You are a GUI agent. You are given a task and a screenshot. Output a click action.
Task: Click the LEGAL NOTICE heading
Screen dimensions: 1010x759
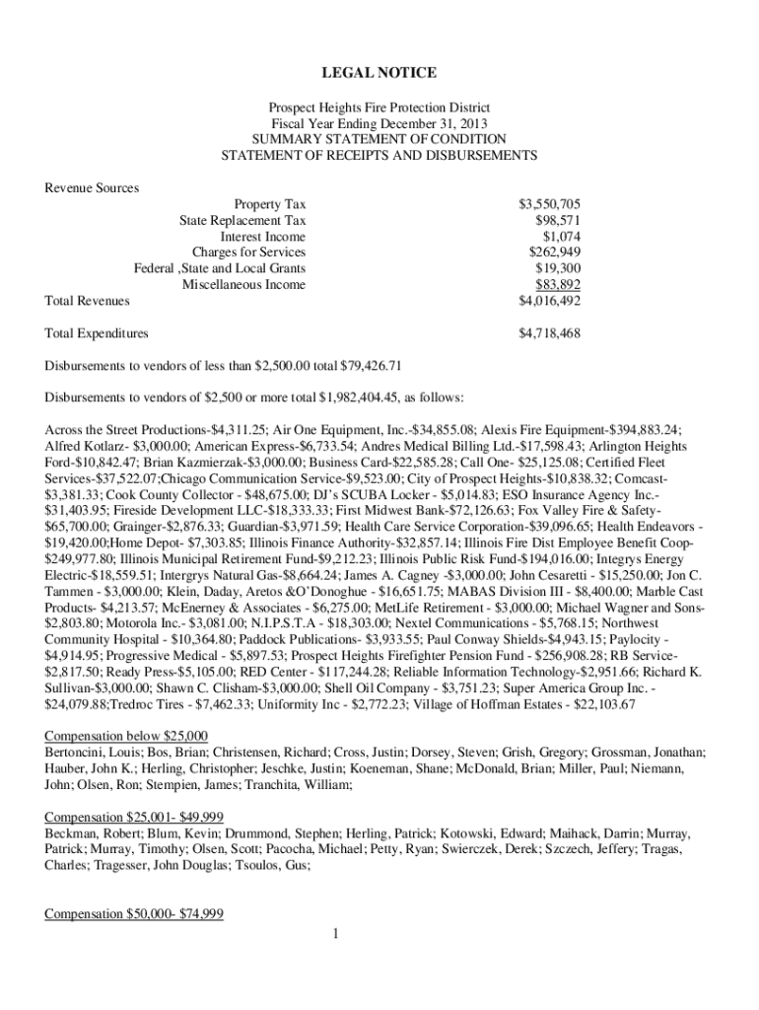pyautogui.click(x=379, y=74)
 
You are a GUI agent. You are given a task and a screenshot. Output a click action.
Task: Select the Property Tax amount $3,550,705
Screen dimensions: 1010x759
pyautogui.click(x=549, y=204)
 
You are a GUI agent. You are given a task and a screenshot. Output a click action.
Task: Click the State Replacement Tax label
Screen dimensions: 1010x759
pyautogui.click(x=242, y=221)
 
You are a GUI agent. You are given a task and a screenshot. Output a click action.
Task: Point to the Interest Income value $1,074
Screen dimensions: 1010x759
pyautogui.click(x=561, y=237)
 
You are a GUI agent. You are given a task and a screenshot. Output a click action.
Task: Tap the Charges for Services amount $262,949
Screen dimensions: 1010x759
pyautogui.click(x=554, y=252)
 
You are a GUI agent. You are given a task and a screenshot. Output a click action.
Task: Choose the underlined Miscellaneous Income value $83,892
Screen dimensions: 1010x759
pyautogui.click(x=557, y=285)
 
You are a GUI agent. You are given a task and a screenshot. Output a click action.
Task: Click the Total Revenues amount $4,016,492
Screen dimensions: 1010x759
pyautogui.click(x=549, y=301)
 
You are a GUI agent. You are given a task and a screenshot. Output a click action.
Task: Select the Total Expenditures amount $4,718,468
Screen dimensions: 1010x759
pyautogui.click(x=549, y=333)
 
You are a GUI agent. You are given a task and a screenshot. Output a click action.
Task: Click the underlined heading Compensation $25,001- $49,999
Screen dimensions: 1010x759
pyautogui.click(x=134, y=818)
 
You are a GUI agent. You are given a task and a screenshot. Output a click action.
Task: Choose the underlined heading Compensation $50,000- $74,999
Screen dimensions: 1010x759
pyautogui.click(x=134, y=914)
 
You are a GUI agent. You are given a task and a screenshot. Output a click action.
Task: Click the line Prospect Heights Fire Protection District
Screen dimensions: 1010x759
pyautogui.click(x=379, y=108)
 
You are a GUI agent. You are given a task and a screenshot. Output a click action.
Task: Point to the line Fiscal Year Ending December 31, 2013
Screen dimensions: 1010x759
pyautogui.click(x=379, y=123)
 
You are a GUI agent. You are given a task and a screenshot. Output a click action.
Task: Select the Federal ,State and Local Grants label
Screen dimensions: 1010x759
pyautogui.click(x=219, y=268)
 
